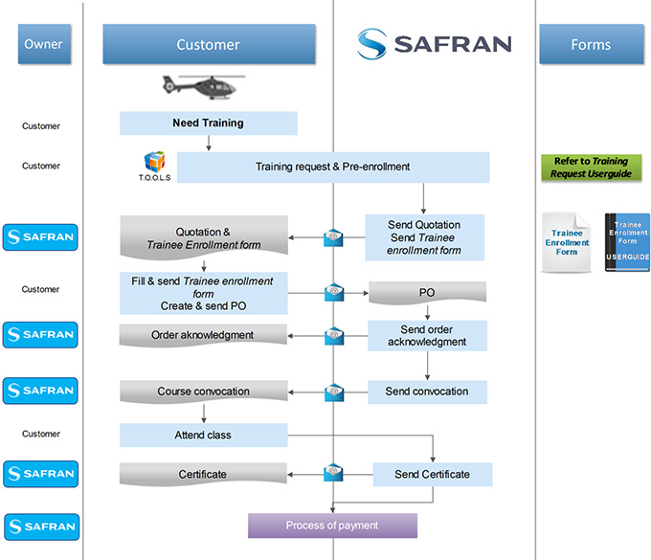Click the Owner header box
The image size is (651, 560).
[x=43, y=44]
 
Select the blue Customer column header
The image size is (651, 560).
[x=209, y=44]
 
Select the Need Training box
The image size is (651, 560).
[x=208, y=123]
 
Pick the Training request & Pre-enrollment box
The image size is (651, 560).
[x=332, y=168]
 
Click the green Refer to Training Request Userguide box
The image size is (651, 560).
[x=591, y=168]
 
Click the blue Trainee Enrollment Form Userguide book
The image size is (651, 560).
[x=627, y=242]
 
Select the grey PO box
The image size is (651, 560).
[x=427, y=292]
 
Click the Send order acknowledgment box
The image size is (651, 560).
[x=427, y=336]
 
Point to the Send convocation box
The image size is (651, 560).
[x=427, y=392]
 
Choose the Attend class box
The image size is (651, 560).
[x=203, y=436]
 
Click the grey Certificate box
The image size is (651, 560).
[x=203, y=475]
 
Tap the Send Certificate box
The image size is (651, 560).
[x=432, y=475]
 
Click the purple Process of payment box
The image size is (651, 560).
[x=332, y=526]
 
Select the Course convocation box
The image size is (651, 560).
[x=203, y=392]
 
